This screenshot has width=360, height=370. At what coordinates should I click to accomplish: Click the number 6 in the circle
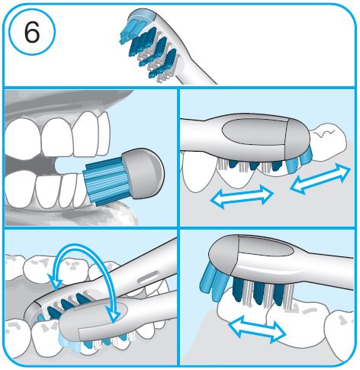(32, 32)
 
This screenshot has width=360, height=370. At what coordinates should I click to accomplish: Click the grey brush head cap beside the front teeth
(143, 173)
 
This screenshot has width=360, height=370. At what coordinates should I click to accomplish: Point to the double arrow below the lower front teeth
(242, 197)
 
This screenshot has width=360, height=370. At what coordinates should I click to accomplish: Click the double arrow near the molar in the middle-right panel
(320, 178)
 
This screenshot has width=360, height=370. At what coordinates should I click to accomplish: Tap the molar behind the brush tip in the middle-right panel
(328, 143)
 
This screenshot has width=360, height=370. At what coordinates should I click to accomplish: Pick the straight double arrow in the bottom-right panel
(257, 329)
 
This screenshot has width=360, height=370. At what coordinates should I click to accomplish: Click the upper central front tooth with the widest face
(56, 137)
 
